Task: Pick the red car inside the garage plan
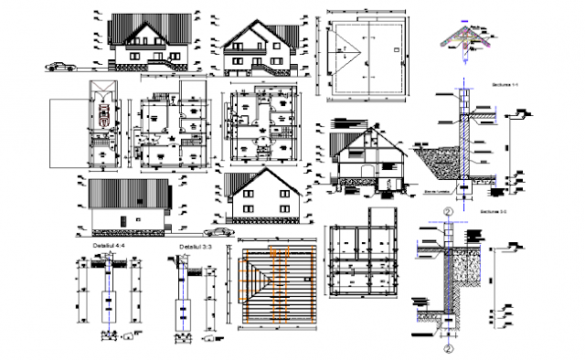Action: [x=107, y=114]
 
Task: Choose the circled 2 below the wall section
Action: [x=449, y=348]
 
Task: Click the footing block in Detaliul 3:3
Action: [x=183, y=311]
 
